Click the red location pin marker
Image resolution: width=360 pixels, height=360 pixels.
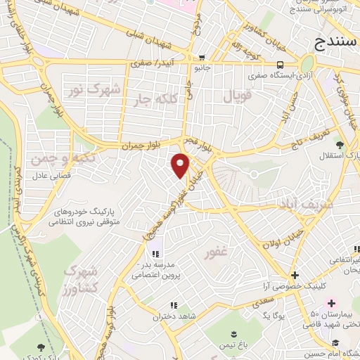181,165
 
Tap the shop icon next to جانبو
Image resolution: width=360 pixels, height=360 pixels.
202,58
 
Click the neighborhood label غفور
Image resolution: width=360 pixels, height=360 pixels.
217,251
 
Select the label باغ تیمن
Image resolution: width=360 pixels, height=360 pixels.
235,345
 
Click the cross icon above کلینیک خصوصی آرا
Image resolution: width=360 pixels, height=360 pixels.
295,275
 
